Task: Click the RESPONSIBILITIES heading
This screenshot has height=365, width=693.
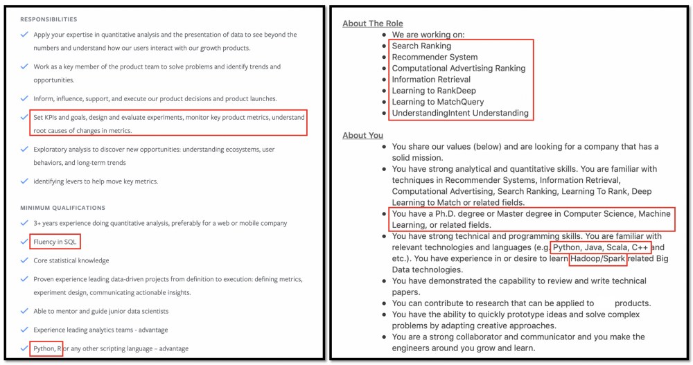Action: [49, 19]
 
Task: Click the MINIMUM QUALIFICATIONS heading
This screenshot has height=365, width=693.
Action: [62, 208]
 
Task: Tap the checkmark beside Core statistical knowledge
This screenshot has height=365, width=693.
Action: [24, 260]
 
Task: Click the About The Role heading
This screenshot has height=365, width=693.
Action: [372, 24]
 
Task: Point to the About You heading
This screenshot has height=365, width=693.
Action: [362, 135]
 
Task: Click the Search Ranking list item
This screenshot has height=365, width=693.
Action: [421, 46]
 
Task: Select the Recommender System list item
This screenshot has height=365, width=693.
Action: [435, 57]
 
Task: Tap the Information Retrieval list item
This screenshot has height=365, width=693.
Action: [431, 80]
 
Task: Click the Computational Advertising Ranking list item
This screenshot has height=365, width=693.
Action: [459, 69]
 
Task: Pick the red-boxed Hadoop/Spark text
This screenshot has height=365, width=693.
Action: [597, 259]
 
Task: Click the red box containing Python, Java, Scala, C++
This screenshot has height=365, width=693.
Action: [600, 247]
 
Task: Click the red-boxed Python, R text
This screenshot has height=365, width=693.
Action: [47, 348]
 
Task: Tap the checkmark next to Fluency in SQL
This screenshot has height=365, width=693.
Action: [24, 242]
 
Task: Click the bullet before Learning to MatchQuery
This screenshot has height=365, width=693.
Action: [383, 103]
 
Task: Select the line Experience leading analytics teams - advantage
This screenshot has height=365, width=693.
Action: [100, 330]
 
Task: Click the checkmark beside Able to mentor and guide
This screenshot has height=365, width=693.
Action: [24, 311]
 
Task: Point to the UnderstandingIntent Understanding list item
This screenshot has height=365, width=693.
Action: [460, 113]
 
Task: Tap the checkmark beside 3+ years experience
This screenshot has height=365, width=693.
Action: [24, 223]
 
